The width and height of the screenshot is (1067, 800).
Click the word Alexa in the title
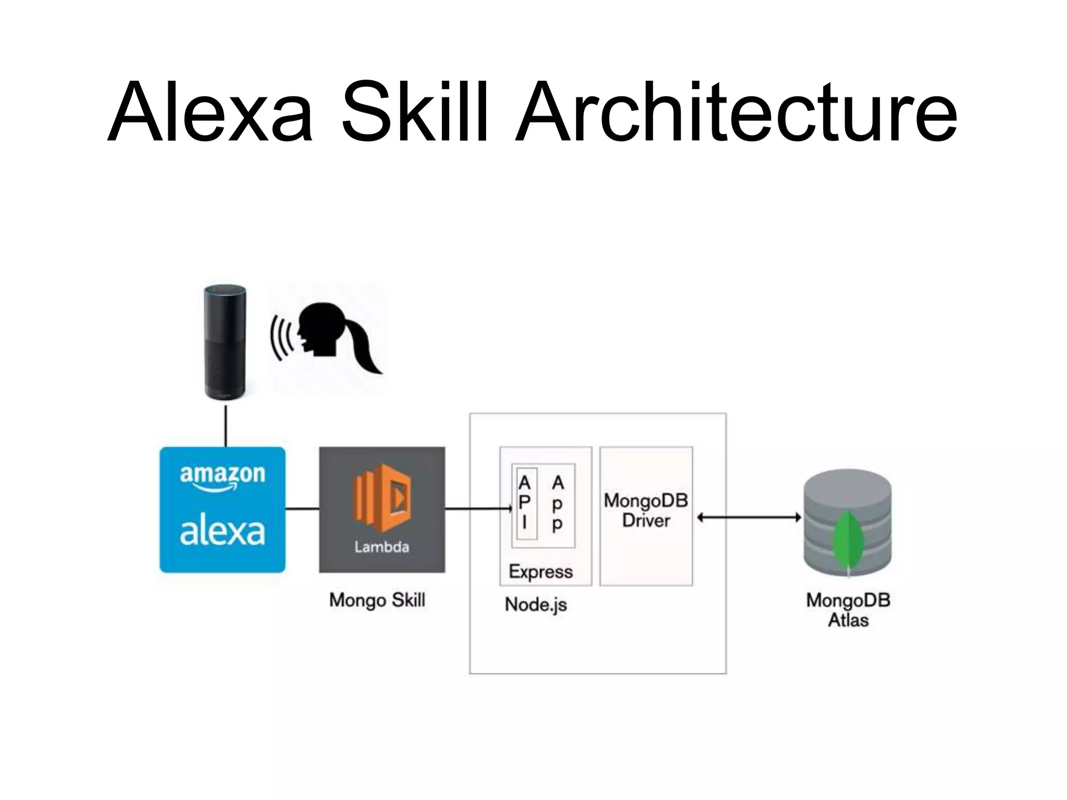(210, 112)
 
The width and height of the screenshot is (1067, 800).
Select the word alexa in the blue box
(222, 532)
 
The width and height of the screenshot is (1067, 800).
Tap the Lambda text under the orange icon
(382, 547)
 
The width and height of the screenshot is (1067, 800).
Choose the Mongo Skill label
(377, 600)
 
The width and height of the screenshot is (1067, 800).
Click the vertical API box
(525, 503)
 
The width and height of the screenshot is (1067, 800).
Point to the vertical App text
(557, 503)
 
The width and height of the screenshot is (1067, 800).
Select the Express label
(541, 571)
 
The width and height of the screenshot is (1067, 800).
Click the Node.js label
(536, 605)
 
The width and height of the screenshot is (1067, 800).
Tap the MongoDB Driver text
(646, 510)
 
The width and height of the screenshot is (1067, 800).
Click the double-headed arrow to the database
(749, 517)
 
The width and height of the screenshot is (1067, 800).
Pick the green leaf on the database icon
(848, 542)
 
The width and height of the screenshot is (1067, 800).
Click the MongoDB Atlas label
(848, 610)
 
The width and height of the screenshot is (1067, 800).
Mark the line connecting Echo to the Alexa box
(226, 426)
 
